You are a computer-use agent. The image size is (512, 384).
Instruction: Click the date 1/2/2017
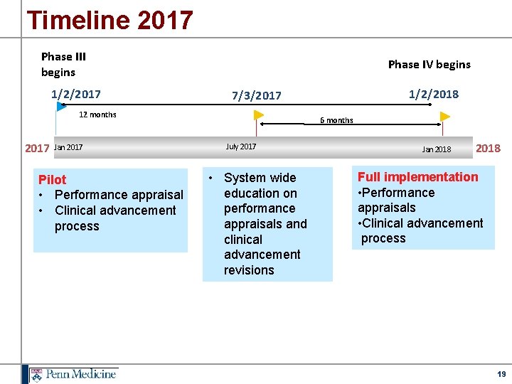point(75,94)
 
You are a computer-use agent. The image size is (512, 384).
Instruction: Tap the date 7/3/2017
point(257,95)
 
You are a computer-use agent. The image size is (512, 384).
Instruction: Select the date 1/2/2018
point(434,94)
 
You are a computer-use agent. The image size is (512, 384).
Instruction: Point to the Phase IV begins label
point(429,64)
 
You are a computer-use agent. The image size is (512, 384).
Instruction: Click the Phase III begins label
point(63,64)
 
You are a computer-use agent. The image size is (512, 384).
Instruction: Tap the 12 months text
point(97,114)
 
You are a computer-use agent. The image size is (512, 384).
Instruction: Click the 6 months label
point(336,120)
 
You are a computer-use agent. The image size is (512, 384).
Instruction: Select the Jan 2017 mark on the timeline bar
point(68,147)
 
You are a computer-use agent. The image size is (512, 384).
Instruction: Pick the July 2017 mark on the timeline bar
point(241,146)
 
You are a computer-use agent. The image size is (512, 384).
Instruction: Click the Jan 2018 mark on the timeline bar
point(437,149)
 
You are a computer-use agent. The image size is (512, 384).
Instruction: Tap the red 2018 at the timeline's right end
point(488,148)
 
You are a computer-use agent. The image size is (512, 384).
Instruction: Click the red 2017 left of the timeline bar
point(37,149)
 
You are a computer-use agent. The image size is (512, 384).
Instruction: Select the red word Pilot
point(52,180)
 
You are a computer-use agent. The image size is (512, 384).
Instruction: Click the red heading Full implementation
point(417,177)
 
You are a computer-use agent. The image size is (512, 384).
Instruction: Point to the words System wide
point(260,178)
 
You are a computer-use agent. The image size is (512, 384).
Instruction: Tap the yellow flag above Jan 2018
point(445,117)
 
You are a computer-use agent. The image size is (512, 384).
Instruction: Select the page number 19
point(501,374)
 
